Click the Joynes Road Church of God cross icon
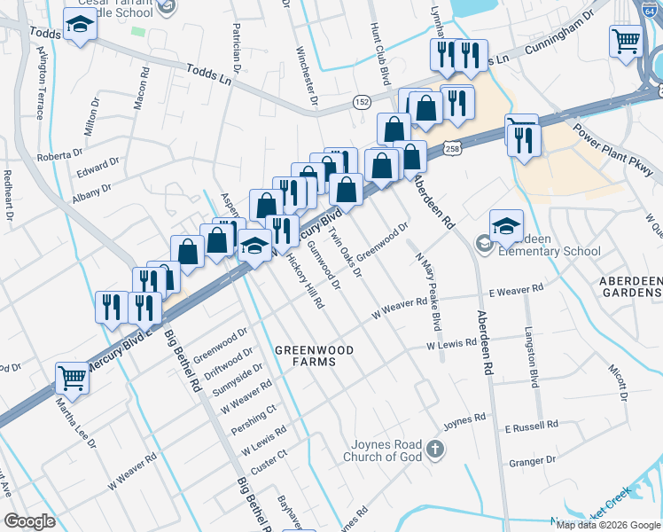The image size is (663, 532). (x=434, y=449)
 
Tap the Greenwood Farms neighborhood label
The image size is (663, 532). (x=314, y=356)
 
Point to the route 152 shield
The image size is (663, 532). (x=362, y=101)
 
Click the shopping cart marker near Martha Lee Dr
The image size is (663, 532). (x=72, y=378)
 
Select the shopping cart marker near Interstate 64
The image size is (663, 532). (x=626, y=41)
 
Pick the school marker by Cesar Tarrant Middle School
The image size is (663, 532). (x=81, y=27)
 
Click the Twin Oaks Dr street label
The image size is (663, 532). (x=346, y=251)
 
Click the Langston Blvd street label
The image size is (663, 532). (x=534, y=367)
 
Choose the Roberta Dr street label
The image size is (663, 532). (x=59, y=157)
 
